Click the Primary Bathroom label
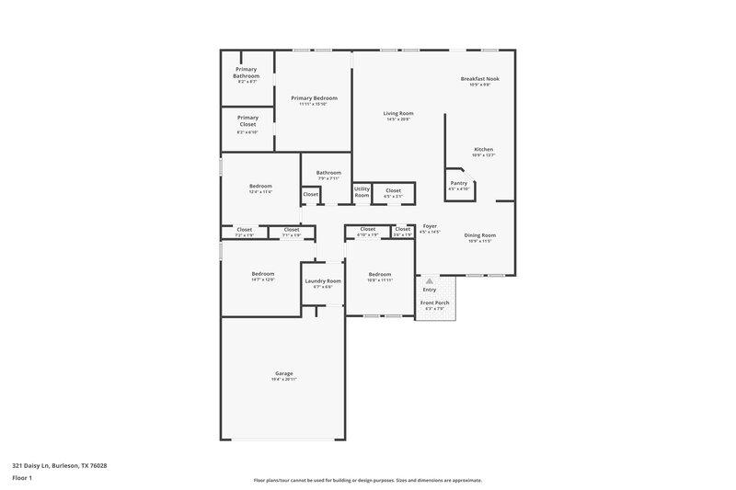pyautogui.click(x=246, y=73)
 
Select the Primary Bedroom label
pyautogui.click(x=314, y=98)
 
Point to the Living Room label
pyautogui.click(x=398, y=113)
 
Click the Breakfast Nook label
pyautogui.click(x=479, y=79)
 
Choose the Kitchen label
pyautogui.click(x=484, y=149)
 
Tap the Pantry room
pyautogui.click(x=458, y=185)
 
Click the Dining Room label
pyautogui.click(x=480, y=234)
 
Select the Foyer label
pyautogui.click(x=430, y=225)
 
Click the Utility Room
pyautogui.click(x=362, y=192)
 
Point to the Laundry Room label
pyautogui.click(x=323, y=280)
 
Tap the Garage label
pyautogui.click(x=283, y=373)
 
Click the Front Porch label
pyautogui.click(x=433, y=302)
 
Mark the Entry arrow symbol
pyautogui.click(x=429, y=279)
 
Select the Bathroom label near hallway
pyautogui.click(x=328, y=172)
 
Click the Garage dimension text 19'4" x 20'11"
pyautogui.click(x=283, y=379)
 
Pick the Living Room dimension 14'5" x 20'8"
pyautogui.click(x=398, y=120)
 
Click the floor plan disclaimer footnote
pyautogui.click(x=367, y=480)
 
